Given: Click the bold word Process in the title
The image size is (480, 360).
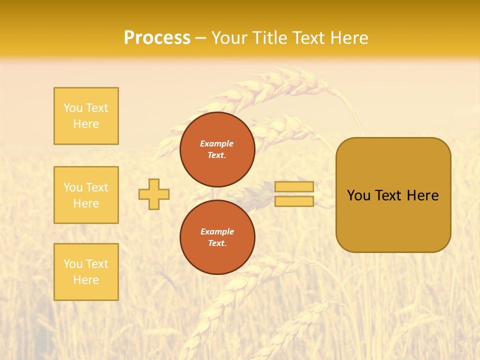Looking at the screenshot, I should pyautogui.click(x=157, y=38).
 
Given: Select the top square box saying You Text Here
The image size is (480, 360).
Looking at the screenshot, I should pyautogui.click(x=86, y=116).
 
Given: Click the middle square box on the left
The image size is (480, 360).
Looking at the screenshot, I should pyautogui.click(x=86, y=195).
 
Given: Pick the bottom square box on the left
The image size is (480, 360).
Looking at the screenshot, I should pyautogui.click(x=86, y=272).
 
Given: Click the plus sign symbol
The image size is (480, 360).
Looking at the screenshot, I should pyautogui.click(x=154, y=194).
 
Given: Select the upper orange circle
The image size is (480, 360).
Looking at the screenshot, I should pyautogui.click(x=217, y=149).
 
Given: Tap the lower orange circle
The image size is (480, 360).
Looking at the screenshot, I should pyautogui.click(x=217, y=237).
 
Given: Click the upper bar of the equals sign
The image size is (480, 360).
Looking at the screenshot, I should pyautogui.click(x=294, y=187).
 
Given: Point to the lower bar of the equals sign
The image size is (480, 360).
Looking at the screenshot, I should pyautogui.click(x=294, y=201).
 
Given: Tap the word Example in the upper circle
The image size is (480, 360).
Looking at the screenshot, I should pyautogui.click(x=217, y=143).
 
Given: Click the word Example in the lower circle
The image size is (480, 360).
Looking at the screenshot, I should pyautogui.click(x=217, y=231).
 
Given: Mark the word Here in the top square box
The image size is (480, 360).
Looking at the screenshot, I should pyautogui.click(x=86, y=124).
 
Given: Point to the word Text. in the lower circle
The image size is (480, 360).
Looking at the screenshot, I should pyautogui.click(x=217, y=243).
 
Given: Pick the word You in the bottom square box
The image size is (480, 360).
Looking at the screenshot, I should pyautogui.click(x=73, y=264).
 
